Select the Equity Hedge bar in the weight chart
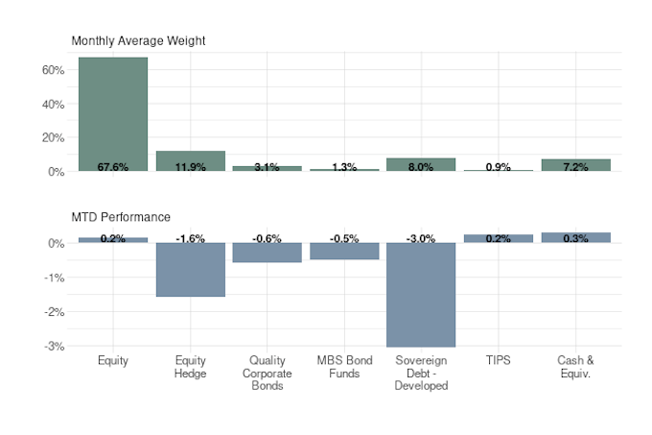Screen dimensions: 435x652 190,159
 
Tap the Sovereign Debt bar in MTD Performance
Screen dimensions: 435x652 421,298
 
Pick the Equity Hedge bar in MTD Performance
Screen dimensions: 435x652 190,274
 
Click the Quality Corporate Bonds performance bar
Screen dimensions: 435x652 267,254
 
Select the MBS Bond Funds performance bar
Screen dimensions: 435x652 344,253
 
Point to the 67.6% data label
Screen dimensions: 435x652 113,167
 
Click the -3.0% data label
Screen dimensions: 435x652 421,238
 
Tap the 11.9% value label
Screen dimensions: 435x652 190,167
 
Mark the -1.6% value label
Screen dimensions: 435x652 190,238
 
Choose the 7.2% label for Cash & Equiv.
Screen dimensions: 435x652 575,167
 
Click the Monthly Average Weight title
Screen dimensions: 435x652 138,40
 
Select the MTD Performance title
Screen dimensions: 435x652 121,217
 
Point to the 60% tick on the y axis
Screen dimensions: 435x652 52,70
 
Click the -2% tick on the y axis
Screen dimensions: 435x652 54,312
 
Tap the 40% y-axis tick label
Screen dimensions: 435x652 52,104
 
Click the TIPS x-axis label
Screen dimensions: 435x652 498,361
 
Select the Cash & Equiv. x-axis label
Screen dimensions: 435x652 575,367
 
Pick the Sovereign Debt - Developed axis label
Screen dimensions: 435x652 421,374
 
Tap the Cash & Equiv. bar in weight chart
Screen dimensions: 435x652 575,164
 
